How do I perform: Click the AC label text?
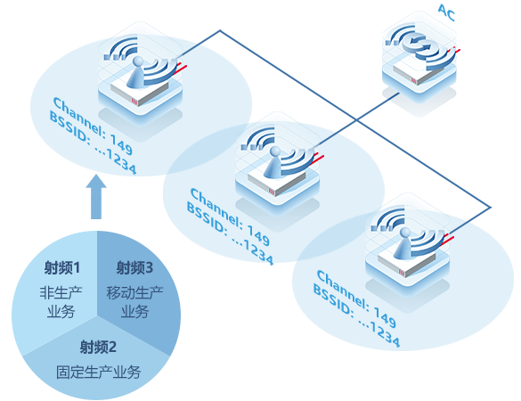pyautogui.click(x=446, y=12)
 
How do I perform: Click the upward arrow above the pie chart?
pyautogui.click(x=96, y=197)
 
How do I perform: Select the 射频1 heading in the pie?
pyautogui.click(x=62, y=268)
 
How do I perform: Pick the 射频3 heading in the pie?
pyautogui.click(x=134, y=268)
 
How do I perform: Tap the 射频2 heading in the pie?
pyautogui.click(x=98, y=348)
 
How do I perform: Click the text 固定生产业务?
pyautogui.click(x=98, y=372)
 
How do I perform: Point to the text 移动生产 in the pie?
pyautogui.click(x=134, y=293)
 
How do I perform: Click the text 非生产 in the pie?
pyautogui.click(x=61, y=293)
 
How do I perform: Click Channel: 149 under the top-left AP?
pyautogui.click(x=93, y=126)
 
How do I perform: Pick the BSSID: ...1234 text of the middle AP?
pyautogui.click(x=230, y=233)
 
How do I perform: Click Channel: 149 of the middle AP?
pyautogui.click(x=230, y=217)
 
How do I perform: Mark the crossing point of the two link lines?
pyautogui.click(x=356, y=119)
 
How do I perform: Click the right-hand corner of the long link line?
pyautogui.click(x=491, y=208)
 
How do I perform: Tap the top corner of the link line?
pyautogui.click(x=220, y=31)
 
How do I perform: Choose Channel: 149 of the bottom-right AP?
pyautogui.click(x=356, y=299)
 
